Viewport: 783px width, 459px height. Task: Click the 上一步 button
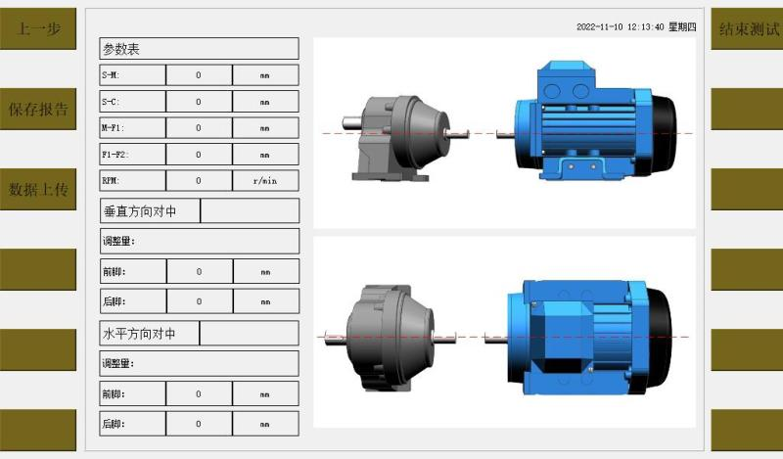(38, 28)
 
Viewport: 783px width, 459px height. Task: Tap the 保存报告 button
(38, 109)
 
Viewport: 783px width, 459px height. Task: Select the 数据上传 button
(38, 189)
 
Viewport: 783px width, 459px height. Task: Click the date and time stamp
(636, 27)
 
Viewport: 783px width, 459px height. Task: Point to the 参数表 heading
(121, 49)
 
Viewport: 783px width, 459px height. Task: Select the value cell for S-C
(199, 102)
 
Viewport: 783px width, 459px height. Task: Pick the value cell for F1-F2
(199, 155)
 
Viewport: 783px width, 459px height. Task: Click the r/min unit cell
(265, 181)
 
